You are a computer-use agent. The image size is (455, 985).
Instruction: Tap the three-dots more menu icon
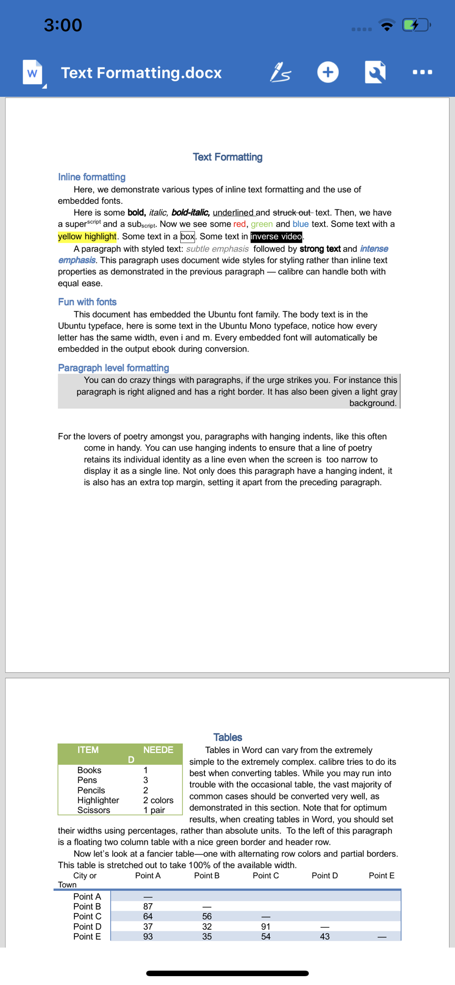(x=422, y=72)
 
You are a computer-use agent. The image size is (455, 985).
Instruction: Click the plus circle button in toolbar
(x=328, y=72)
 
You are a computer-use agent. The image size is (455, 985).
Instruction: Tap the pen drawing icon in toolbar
(x=281, y=72)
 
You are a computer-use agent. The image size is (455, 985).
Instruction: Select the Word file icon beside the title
(x=33, y=73)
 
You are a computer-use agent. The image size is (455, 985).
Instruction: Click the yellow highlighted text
(x=87, y=236)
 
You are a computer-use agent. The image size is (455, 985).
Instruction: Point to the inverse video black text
(x=276, y=236)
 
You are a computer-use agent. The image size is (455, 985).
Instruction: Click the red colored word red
(x=239, y=224)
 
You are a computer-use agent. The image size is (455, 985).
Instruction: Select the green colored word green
(x=261, y=224)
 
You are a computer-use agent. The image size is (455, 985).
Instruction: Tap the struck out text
(x=292, y=213)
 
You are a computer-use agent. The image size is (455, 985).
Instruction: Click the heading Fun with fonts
(x=87, y=302)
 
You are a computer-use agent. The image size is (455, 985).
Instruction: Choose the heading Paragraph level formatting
(x=113, y=368)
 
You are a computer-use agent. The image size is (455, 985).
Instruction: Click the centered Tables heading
(x=227, y=737)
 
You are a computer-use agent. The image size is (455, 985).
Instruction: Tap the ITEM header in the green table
(x=88, y=750)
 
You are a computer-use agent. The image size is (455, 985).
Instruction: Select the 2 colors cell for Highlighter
(x=158, y=800)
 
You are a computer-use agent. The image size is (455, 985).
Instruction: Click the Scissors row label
(x=94, y=810)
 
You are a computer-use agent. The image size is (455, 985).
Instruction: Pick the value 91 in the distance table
(x=266, y=926)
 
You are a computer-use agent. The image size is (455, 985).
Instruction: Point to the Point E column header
(x=382, y=876)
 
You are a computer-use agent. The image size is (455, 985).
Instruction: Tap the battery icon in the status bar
(x=416, y=25)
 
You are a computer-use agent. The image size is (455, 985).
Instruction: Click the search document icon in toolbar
(x=375, y=72)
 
